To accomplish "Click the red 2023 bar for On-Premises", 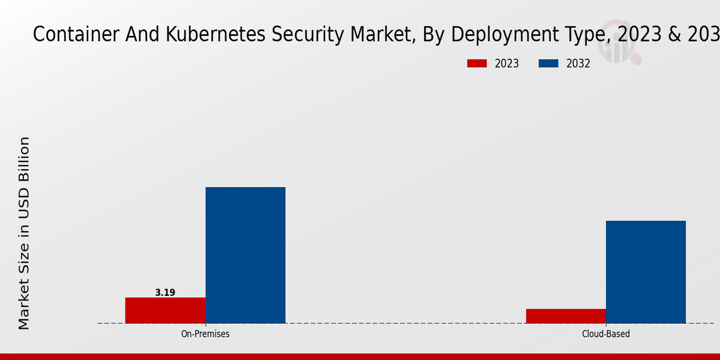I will [165, 310].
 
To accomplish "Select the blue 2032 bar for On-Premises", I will [245, 255].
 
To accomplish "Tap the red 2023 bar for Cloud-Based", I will [566, 316].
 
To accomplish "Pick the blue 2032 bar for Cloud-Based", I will [646, 272].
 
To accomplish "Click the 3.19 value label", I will [165, 293].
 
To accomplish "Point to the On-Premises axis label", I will [205, 334].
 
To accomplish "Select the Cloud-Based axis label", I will [606, 334].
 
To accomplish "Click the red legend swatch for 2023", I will [477, 64].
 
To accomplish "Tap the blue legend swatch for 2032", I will [549, 64].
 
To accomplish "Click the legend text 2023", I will [507, 64].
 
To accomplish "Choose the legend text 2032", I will [578, 64].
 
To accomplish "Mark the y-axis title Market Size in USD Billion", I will [24, 233].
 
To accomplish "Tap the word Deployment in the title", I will [502, 35].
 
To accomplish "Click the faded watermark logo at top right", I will [622, 42].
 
